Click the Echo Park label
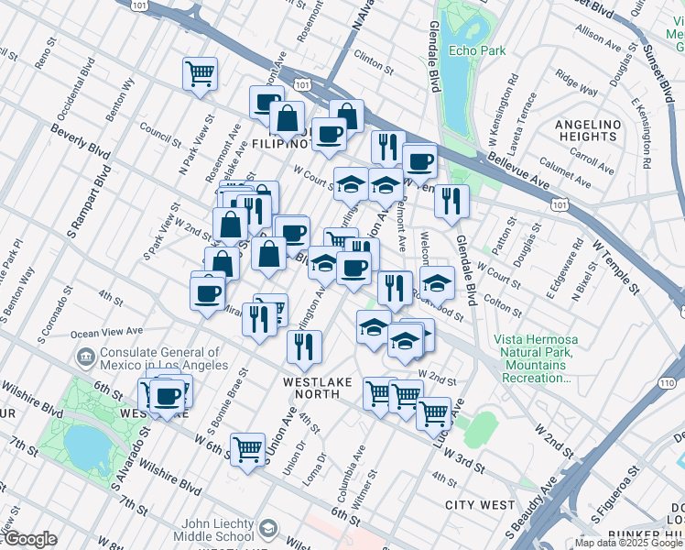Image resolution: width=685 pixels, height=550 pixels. [x=477, y=51]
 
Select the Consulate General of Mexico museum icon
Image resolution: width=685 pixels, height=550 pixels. [x=85, y=356]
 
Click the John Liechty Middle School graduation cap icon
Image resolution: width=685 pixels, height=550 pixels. [x=267, y=529]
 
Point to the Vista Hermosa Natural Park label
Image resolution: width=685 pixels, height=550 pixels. [x=535, y=357]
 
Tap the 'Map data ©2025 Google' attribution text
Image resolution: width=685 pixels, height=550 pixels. [x=628, y=543]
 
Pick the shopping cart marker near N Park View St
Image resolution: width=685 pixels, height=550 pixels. [x=200, y=73]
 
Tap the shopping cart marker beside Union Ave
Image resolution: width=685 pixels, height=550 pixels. [x=247, y=448]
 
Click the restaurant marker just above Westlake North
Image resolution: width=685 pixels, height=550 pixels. [x=303, y=346]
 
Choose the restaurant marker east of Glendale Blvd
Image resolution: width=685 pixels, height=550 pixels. [x=451, y=201]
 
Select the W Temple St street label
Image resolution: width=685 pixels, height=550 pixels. [x=614, y=261]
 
